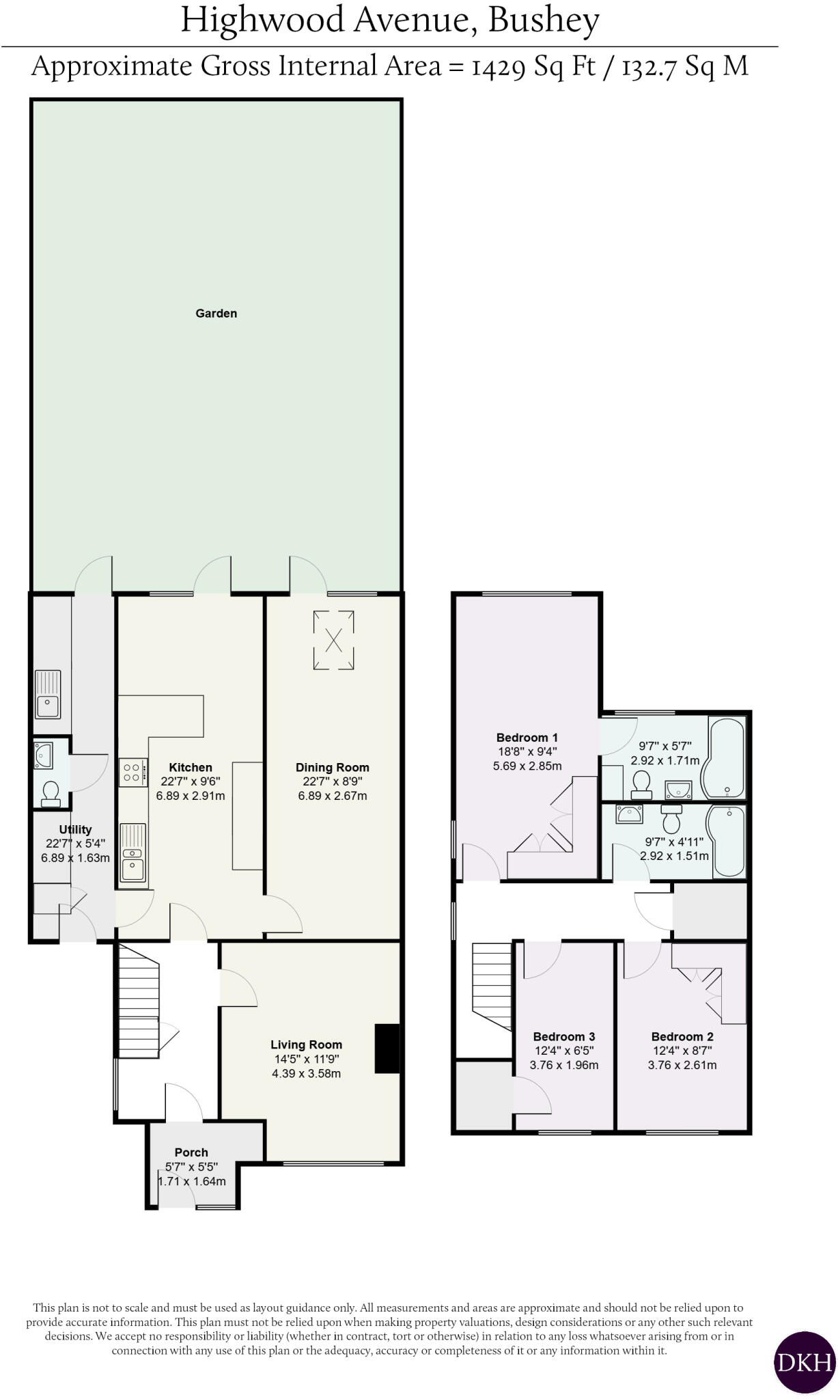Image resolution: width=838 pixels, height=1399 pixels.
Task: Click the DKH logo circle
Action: [x=805, y=1362]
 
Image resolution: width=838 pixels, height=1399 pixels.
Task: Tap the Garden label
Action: [x=217, y=314]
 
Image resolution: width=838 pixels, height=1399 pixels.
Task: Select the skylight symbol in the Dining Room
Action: [x=334, y=641]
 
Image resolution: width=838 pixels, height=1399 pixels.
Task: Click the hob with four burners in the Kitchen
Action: [x=133, y=773]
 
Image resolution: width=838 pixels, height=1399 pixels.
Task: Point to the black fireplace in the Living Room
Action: [x=387, y=1049]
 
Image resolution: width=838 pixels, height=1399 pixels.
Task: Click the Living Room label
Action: [x=306, y=1044]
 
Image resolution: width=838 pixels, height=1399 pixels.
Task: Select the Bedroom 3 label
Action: [x=564, y=1036]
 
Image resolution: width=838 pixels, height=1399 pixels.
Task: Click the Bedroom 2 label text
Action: [x=682, y=1036]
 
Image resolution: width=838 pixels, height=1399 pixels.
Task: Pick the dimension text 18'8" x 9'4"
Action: [x=527, y=751]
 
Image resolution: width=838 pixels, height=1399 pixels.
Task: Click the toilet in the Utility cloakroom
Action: [x=50, y=793]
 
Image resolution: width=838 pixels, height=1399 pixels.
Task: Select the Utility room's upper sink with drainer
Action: [x=48, y=694]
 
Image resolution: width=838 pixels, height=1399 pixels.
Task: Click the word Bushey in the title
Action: [x=544, y=20]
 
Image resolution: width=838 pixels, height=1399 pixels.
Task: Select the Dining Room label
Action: [x=332, y=767]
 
